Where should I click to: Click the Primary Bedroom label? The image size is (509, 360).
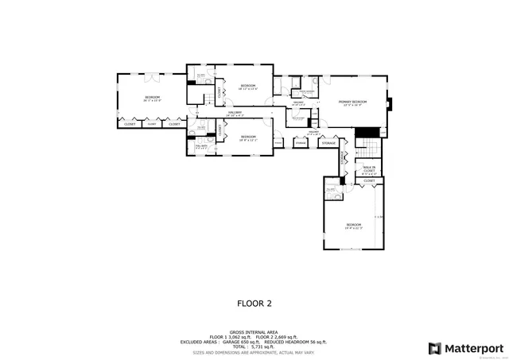(x=352, y=103)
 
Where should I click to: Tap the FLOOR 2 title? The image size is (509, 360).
(x=254, y=303)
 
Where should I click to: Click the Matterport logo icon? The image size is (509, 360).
(x=434, y=347)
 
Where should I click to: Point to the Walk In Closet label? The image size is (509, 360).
(x=369, y=169)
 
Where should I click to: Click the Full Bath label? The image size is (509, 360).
(x=200, y=145)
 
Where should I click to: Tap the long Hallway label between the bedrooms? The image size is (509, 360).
(x=235, y=114)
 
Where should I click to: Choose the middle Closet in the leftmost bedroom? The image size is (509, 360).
(x=151, y=124)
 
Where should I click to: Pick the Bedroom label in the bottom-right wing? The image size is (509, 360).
(x=353, y=226)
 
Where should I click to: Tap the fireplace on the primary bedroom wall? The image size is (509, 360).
(x=388, y=103)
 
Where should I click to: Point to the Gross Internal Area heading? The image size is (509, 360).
(x=254, y=332)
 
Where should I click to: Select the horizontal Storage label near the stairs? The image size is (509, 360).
(x=329, y=143)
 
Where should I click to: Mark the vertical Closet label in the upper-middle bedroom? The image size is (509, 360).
(x=220, y=93)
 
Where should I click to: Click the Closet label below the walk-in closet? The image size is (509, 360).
(x=369, y=181)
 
